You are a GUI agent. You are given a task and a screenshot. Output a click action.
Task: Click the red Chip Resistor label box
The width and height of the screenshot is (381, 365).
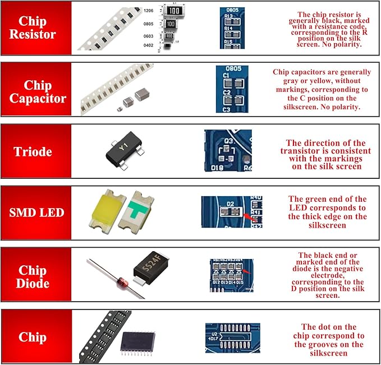36,27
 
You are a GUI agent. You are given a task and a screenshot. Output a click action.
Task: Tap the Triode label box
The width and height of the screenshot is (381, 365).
36,152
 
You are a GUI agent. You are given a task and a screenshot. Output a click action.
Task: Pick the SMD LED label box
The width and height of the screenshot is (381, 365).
36,212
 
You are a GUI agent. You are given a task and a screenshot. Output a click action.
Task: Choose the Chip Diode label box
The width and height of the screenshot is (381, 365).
36,275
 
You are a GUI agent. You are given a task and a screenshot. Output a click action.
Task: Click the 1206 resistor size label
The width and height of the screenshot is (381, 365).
149,11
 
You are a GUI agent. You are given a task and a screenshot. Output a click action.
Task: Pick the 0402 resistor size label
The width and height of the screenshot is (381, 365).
149,46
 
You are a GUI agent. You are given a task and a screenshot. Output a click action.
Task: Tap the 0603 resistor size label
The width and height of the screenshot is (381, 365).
149,36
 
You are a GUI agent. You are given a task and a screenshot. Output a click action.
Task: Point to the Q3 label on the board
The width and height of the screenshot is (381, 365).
229,141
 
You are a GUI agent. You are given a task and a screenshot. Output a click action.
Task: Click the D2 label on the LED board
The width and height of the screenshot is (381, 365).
229,204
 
